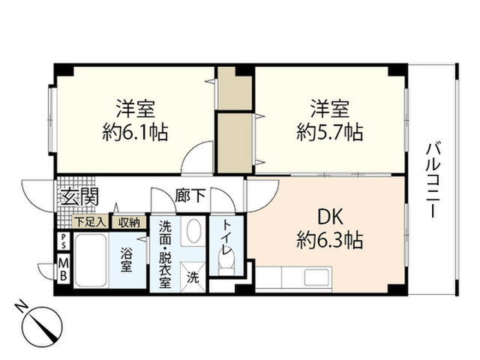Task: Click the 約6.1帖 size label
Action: point(135,132)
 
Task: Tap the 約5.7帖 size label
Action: point(330,132)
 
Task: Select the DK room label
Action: point(330,217)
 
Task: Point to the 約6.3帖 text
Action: point(330,240)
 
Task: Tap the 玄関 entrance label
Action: point(79,196)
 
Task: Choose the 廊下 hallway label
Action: point(190,196)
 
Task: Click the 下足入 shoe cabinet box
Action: point(90,222)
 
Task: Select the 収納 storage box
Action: point(129,222)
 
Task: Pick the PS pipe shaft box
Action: point(64,241)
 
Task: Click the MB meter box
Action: point(64,269)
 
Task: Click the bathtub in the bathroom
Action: point(91,261)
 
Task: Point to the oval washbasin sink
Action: point(193,230)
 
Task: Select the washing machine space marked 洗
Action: point(193,277)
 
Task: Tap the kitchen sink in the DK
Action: point(317,277)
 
